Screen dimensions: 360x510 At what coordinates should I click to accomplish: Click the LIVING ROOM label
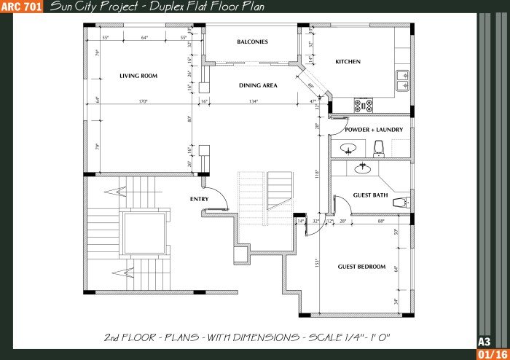tap(138, 76)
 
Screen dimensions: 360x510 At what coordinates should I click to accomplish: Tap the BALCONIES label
tap(252, 42)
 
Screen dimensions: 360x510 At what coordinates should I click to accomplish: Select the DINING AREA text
tap(258, 85)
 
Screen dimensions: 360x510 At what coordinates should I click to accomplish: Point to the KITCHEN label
tap(348, 62)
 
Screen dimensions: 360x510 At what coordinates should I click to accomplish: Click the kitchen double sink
tap(403, 80)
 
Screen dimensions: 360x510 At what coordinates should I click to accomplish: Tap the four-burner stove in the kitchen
tap(363, 104)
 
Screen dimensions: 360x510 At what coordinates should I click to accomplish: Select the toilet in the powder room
tap(377, 149)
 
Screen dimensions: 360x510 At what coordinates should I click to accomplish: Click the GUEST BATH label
tap(370, 195)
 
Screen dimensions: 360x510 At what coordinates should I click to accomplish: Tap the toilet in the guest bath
tap(400, 201)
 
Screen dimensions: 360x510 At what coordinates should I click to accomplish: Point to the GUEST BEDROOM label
tap(361, 267)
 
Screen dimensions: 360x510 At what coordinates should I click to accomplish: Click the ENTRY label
tap(199, 199)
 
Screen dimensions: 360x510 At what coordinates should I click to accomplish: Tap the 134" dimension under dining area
tap(253, 101)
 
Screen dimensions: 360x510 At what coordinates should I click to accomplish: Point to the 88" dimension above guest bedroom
tap(380, 221)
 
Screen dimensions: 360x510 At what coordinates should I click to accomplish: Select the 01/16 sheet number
tap(488, 354)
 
